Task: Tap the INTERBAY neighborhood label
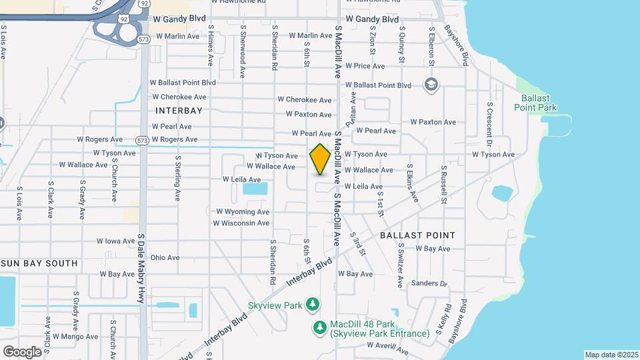click(178, 109)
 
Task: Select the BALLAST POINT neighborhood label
click(417, 235)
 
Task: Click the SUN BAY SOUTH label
click(39, 263)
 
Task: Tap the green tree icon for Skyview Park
click(312, 305)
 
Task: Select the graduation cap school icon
click(431, 84)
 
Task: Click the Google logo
click(22, 351)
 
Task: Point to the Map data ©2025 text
click(611, 355)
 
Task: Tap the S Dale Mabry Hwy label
click(141, 269)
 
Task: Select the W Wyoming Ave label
click(242, 211)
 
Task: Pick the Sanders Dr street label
click(429, 283)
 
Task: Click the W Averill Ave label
click(387, 347)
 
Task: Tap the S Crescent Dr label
click(489, 125)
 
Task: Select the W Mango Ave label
click(79, 337)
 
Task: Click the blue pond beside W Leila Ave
click(255, 189)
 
